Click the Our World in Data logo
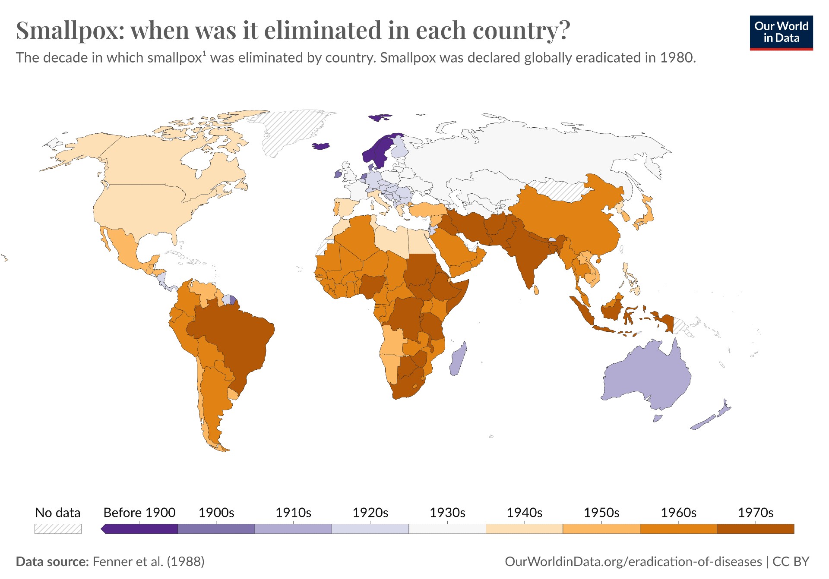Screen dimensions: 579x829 [781, 33]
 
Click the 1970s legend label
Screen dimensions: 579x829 [755, 513]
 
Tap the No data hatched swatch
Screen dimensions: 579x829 [58, 529]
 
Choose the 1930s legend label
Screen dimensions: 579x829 [447, 513]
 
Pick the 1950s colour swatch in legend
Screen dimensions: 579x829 [601, 529]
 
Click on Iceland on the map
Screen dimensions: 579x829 [320, 146]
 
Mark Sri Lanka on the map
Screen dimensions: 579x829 [536, 289]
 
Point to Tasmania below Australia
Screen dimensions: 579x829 [658, 418]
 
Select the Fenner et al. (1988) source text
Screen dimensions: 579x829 [148, 561]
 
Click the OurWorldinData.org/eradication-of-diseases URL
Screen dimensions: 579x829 [633, 561]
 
